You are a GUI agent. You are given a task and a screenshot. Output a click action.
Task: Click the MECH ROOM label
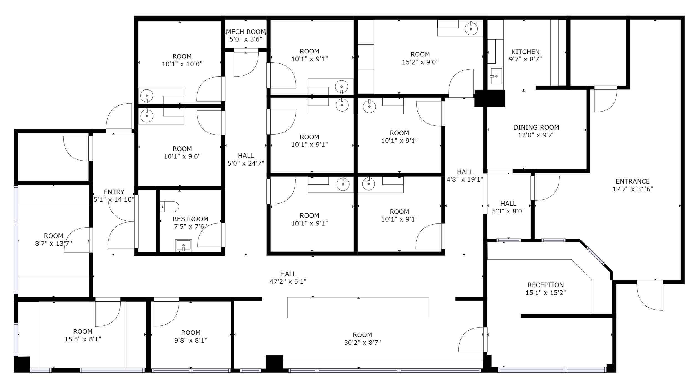click(246, 32)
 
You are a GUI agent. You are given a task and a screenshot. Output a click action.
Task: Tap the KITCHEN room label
click(525, 52)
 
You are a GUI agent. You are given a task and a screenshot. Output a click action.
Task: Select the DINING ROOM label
click(536, 127)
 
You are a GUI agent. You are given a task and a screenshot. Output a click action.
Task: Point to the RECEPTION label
click(546, 285)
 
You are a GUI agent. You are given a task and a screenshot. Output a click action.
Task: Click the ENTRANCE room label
click(633, 181)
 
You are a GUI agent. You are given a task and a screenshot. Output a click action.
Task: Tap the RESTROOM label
click(190, 219)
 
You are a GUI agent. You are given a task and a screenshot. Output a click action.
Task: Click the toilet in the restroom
click(169, 207)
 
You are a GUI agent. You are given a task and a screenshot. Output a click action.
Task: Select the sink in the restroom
click(183, 246)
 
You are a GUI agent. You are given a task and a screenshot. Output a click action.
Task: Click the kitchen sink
click(496, 76)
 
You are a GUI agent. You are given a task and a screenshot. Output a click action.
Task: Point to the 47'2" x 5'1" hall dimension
click(288, 281)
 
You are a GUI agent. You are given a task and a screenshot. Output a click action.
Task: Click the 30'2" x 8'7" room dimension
click(362, 343)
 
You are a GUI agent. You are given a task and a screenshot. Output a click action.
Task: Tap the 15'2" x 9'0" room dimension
click(420, 62)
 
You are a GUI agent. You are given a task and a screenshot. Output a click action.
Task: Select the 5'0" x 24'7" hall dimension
click(246, 163)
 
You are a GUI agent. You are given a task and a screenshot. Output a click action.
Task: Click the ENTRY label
click(114, 192)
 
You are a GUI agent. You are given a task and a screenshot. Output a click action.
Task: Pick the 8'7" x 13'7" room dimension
click(53, 244)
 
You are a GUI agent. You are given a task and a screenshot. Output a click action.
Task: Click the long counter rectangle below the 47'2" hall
click(358, 308)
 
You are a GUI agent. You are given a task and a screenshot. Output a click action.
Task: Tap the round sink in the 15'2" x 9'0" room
click(471, 29)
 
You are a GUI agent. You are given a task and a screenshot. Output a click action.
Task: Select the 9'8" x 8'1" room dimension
click(191, 340)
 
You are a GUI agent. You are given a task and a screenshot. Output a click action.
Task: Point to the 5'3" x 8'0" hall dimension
click(508, 211)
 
